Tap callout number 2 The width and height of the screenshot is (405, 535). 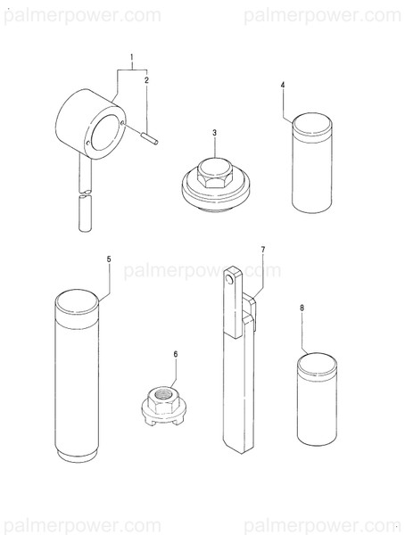pyautogui.click(x=146, y=80)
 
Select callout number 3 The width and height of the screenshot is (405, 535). pyautogui.click(x=214, y=133)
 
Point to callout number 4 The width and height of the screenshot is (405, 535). pyautogui.click(x=283, y=85)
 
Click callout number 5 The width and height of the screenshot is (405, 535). pyautogui.click(x=109, y=259)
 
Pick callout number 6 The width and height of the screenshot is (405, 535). pyautogui.click(x=176, y=355)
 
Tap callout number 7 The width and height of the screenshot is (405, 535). pyautogui.click(x=262, y=250)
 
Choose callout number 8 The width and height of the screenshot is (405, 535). pyautogui.click(x=302, y=309)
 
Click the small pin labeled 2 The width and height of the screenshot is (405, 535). pyautogui.click(x=149, y=140)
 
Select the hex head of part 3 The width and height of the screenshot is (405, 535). pyautogui.click(x=214, y=173)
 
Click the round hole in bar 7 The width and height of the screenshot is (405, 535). pyautogui.click(x=230, y=279)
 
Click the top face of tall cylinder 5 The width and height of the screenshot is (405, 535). pyautogui.click(x=77, y=300)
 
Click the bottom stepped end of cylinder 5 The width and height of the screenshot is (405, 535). pyautogui.click(x=78, y=457)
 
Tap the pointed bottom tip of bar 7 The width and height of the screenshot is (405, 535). pyautogui.click(x=242, y=453)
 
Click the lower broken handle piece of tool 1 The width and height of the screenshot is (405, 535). pyautogui.click(x=86, y=212)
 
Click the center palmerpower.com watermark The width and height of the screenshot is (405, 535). pyautogui.click(x=202, y=270)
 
